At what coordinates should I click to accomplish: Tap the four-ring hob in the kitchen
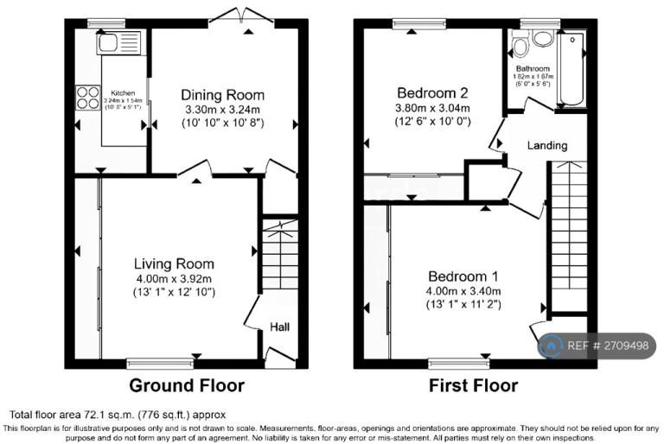(87, 96)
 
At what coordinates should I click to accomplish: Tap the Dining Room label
(222, 95)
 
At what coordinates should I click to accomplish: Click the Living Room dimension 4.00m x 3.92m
(174, 278)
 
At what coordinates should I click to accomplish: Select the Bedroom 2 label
(432, 93)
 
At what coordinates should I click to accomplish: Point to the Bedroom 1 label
(463, 276)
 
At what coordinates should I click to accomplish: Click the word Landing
(547, 146)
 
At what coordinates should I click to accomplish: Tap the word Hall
(280, 327)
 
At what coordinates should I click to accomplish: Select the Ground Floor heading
(187, 385)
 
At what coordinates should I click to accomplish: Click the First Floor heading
(474, 385)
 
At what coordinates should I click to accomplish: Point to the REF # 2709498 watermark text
(608, 346)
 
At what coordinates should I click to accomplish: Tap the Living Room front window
(161, 363)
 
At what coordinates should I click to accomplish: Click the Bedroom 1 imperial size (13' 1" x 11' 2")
(463, 304)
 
